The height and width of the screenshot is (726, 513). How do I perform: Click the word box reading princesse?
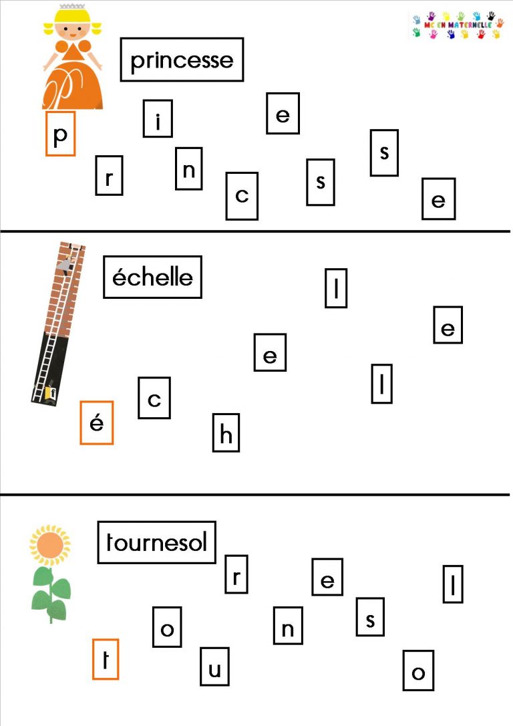182,59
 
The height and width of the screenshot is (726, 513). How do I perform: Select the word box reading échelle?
153,277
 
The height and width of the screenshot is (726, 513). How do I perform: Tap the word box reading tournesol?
156,542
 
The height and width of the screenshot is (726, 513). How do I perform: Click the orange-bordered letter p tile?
60,133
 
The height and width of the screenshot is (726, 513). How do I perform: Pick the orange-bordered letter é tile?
97,422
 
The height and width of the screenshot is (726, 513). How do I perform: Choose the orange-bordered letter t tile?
106,659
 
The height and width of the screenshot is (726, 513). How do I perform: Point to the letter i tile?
158,118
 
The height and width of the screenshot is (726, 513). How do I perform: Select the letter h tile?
226,433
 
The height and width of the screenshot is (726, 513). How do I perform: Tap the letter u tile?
214,667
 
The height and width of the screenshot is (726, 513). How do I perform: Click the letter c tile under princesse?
242,196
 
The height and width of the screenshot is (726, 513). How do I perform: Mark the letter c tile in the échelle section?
154,398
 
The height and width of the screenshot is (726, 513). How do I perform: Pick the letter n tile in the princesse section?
189,168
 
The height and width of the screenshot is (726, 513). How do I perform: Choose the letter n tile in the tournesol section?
288,626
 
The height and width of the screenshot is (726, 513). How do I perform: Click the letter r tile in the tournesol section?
236,574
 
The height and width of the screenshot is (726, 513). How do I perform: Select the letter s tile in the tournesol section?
370,617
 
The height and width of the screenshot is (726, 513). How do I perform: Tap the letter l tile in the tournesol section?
453,584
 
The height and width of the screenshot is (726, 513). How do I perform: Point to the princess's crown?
72,7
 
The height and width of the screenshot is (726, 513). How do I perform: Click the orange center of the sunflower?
50,545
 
